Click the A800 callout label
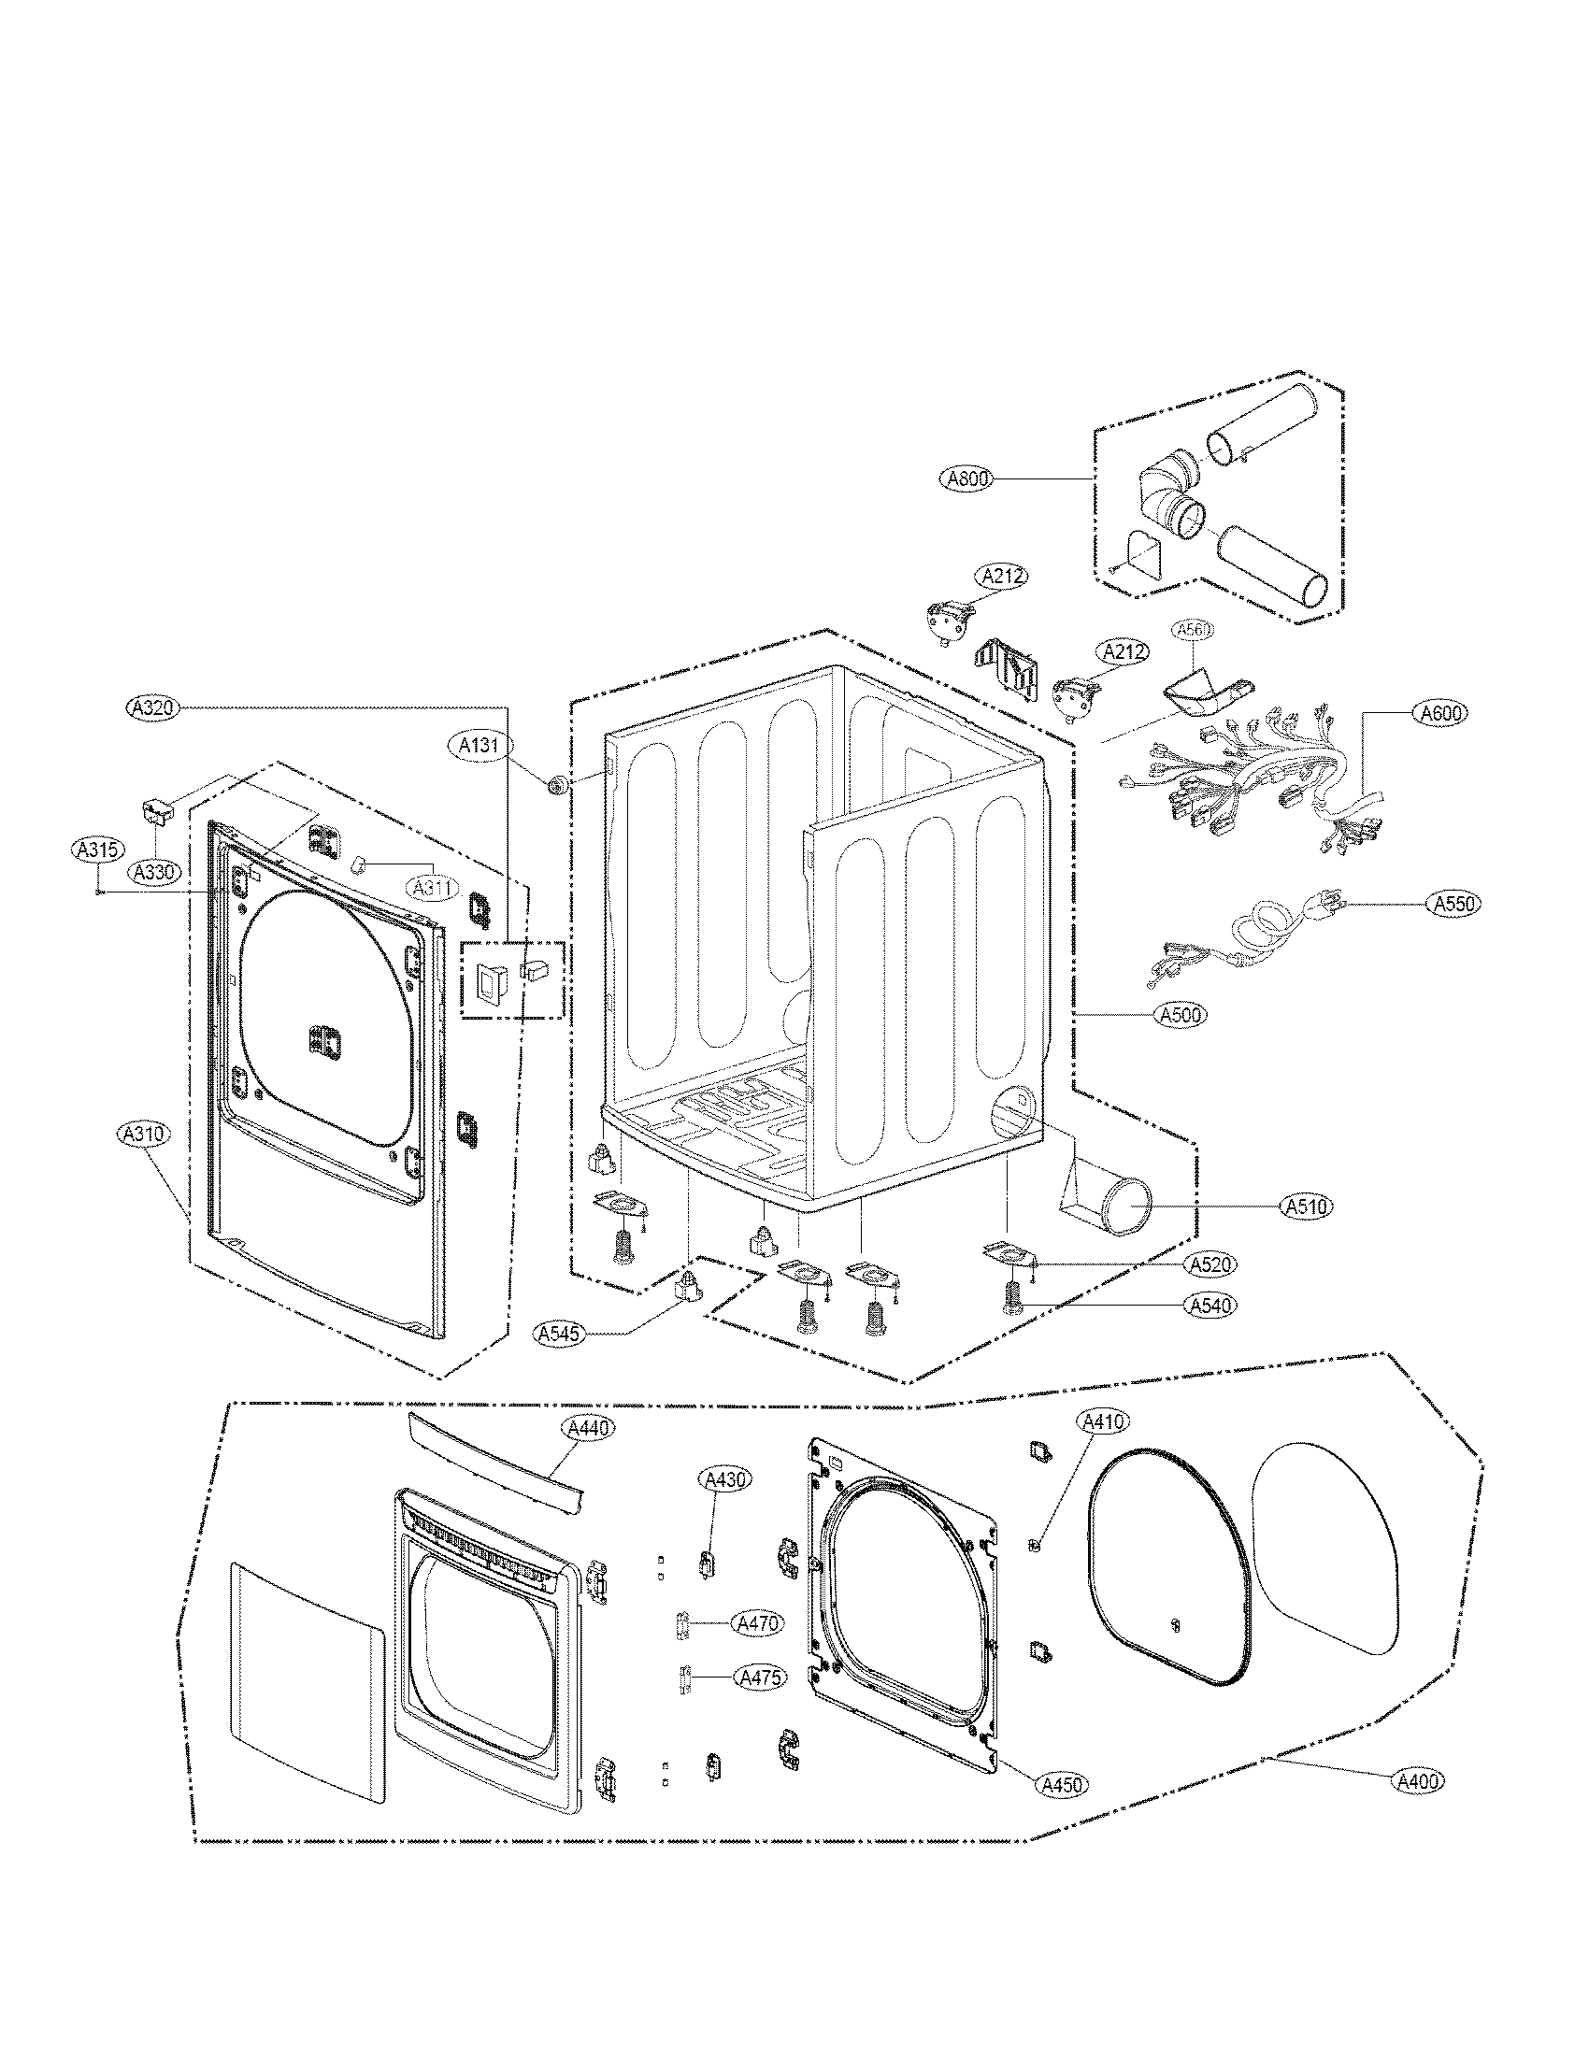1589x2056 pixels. (x=966, y=479)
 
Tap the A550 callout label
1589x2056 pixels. (x=1453, y=904)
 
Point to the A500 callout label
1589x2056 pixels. (x=1181, y=1015)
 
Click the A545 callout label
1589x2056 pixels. (x=559, y=1333)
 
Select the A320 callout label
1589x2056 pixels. (x=153, y=707)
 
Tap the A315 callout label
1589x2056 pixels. (x=97, y=850)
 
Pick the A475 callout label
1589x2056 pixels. (x=762, y=1678)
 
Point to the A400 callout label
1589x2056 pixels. (x=1418, y=1781)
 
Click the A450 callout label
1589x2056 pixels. (x=1062, y=1784)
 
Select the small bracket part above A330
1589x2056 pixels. (x=159, y=807)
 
